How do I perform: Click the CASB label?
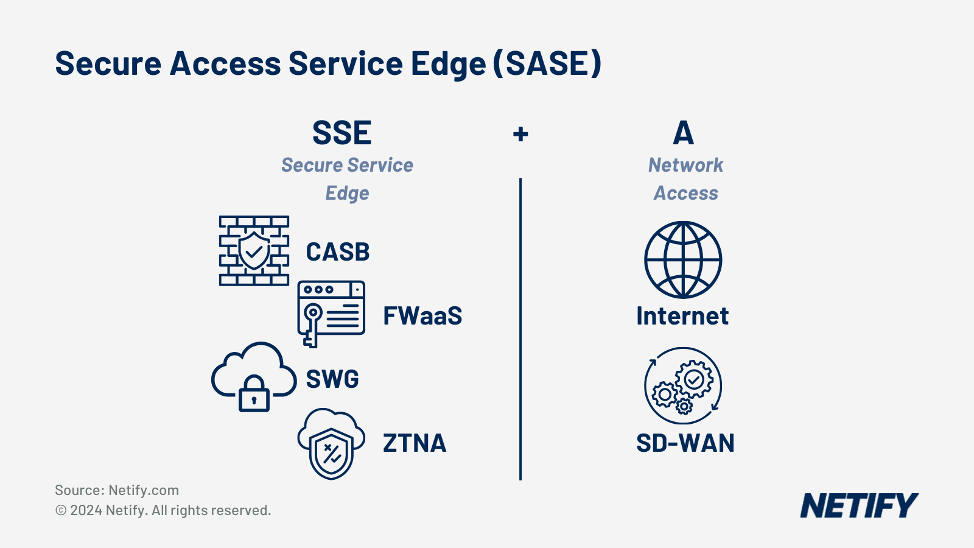click(x=337, y=251)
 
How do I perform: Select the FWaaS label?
click(x=422, y=316)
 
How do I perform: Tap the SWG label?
click(x=332, y=379)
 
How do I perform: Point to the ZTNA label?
click(x=415, y=443)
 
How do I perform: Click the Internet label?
click(x=682, y=316)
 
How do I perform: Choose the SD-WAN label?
click(x=685, y=443)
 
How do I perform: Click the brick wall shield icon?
click(x=254, y=251)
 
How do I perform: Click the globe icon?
click(x=683, y=259)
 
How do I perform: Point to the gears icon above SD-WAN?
click(x=683, y=385)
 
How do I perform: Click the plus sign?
click(x=520, y=134)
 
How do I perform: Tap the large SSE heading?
click(x=342, y=133)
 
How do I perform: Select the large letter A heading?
click(x=684, y=133)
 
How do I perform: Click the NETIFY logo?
click(x=859, y=505)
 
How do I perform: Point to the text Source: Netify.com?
click(x=117, y=490)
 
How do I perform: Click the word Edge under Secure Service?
click(x=347, y=193)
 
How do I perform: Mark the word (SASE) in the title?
click(x=547, y=63)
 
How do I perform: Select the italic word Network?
click(x=685, y=165)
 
